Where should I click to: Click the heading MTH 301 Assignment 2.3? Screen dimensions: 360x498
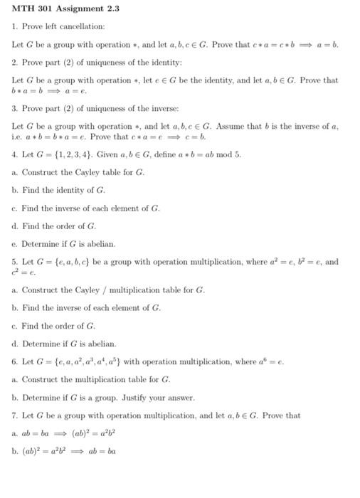(65, 9)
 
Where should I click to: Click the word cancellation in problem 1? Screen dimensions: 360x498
(83, 26)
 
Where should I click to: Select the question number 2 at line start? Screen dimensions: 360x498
(14, 62)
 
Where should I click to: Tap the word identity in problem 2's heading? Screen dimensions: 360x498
(146, 62)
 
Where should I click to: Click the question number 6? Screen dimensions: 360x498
(14, 361)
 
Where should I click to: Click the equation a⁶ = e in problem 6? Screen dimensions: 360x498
(271, 361)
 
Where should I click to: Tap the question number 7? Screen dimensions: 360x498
(14, 415)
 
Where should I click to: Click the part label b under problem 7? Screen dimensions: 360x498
(14, 451)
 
